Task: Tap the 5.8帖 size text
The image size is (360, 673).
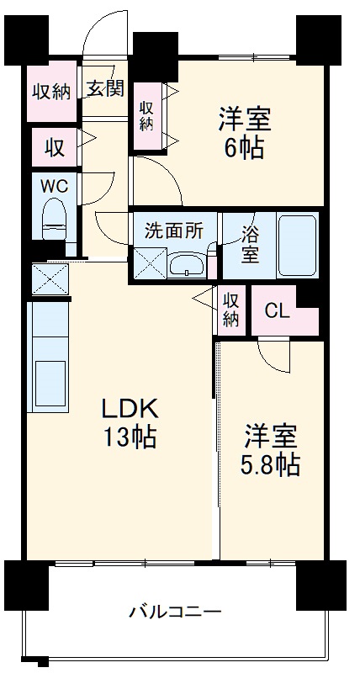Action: click(x=271, y=464)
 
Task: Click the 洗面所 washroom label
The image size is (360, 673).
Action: click(x=173, y=231)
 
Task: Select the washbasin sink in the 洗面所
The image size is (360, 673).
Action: click(x=188, y=266)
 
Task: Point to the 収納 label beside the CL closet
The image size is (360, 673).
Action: click(x=230, y=309)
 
